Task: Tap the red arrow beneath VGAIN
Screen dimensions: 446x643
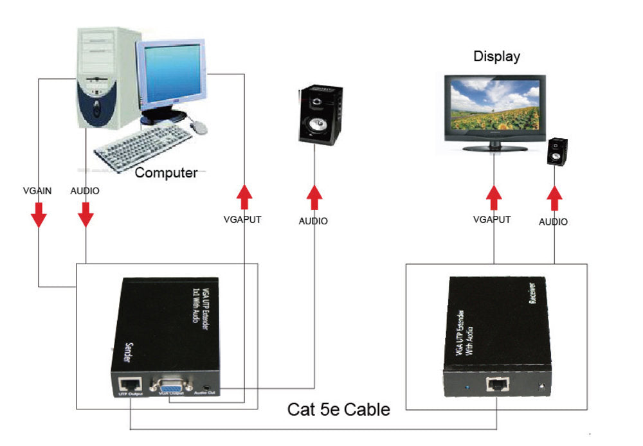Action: pyautogui.click(x=39, y=215)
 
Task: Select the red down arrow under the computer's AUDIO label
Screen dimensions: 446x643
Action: pyautogui.click(x=85, y=215)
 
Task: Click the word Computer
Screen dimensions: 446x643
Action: pyautogui.click(x=166, y=172)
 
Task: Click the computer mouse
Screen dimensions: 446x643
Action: pyautogui.click(x=199, y=127)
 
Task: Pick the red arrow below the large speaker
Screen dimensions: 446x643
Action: pyautogui.click(x=314, y=197)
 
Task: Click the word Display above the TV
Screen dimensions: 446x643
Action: pyautogui.click(x=496, y=57)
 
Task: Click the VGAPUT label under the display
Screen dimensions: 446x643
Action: pyautogui.click(x=491, y=219)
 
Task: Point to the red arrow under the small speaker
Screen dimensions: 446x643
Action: pyautogui.click(x=554, y=197)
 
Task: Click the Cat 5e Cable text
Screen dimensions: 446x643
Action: pyautogui.click(x=338, y=409)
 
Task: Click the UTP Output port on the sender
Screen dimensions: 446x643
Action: pyautogui.click(x=128, y=384)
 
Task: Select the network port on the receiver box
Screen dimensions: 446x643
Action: pyautogui.click(x=496, y=386)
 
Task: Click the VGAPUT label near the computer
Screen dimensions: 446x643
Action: pyautogui.click(x=242, y=219)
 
